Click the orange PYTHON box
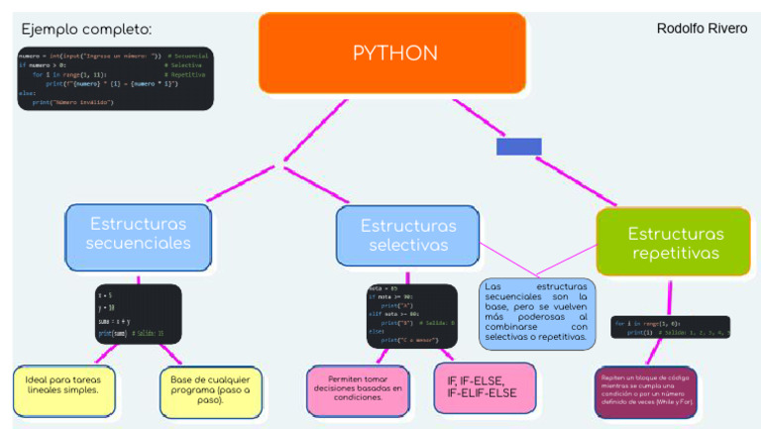(x=392, y=53)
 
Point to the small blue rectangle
(x=519, y=147)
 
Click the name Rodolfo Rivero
(x=702, y=28)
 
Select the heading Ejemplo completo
(x=86, y=30)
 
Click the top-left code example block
(x=115, y=77)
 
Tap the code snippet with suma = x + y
(x=138, y=313)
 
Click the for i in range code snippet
(x=670, y=328)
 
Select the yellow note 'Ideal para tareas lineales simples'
(x=64, y=389)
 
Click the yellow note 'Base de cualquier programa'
(x=211, y=389)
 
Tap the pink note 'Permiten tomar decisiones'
(x=357, y=390)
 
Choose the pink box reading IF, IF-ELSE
(x=484, y=387)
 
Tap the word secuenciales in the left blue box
(x=139, y=244)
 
